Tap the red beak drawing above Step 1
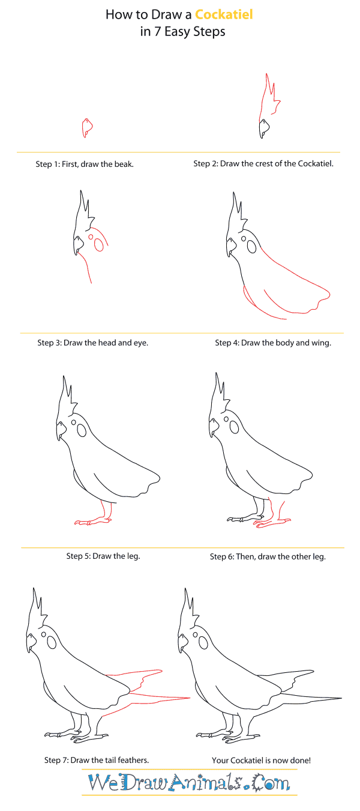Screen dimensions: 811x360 click(87, 127)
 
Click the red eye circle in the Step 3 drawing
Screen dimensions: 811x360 click(91, 237)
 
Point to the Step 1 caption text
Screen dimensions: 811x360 click(85, 164)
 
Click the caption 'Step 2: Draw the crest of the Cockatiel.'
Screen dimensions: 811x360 click(263, 163)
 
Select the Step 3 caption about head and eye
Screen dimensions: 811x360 click(92, 343)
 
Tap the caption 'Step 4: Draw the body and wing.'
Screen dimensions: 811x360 click(273, 343)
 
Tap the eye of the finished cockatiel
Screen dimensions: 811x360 click(203, 643)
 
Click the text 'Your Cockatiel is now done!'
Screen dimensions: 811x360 click(261, 760)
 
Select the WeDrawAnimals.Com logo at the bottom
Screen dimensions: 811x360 click(188, 783)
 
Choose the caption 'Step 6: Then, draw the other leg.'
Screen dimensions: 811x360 click(268, 556)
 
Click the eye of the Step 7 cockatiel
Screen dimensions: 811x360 click(52, 643)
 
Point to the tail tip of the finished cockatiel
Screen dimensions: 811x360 click(340, 698)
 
